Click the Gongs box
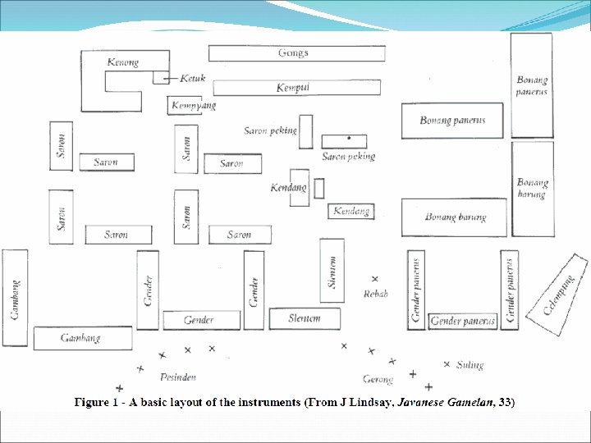click(292, 53)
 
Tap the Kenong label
click(123, 62)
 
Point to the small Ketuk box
click(160, 77)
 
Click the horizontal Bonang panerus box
click(451, 121)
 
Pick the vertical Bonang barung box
click(532, 189)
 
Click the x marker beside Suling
click(447, 363)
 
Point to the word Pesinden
click(179, 377)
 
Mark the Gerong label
click(378, 379)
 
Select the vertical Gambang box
click(15, 297)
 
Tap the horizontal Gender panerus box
click(463, 321)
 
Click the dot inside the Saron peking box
click(350, 137)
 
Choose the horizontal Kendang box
click(350, 212)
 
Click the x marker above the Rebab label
click(375, 279)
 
